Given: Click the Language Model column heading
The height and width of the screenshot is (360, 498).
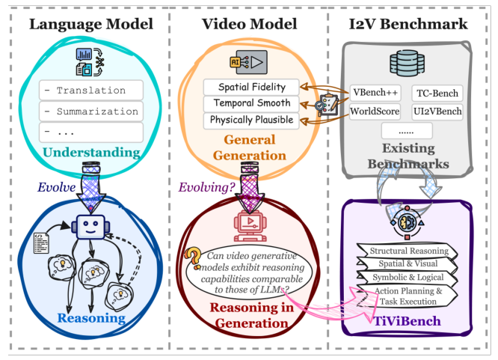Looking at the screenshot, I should [90, 24].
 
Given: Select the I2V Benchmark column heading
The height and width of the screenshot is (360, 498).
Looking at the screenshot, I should [408, 24].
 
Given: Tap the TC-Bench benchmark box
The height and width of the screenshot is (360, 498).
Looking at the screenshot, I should [437, 94].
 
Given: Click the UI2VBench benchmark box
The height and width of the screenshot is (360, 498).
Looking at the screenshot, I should [437, 112].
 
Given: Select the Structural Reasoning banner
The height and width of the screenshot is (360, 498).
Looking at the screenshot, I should [407, 251].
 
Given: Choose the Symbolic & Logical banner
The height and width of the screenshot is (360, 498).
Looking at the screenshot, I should [407, 278].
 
